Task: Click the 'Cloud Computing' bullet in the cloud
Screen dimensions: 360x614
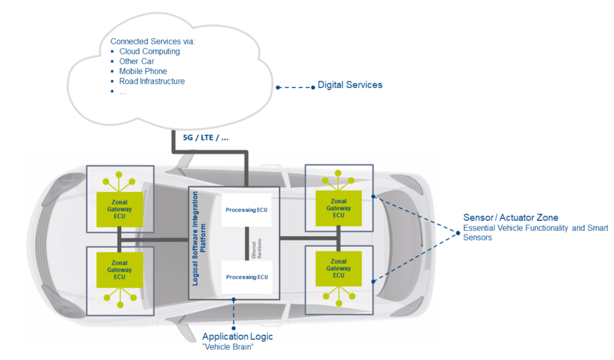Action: click(149, 51)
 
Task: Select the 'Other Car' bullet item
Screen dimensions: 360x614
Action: click(136, 61)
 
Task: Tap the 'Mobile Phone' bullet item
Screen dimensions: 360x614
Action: click(143, 71)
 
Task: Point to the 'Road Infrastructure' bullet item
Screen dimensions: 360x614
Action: click(152, 81)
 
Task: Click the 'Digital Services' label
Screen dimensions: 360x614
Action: click(350, 85)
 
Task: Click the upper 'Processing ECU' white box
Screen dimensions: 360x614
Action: click(246, 210)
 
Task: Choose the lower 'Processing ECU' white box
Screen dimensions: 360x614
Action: click(246, 277)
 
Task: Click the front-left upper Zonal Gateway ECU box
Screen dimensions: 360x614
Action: click(119, 209)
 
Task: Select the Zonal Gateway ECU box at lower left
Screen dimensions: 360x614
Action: click(119, 270)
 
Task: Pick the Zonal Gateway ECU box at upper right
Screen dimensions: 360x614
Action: click(339, 208)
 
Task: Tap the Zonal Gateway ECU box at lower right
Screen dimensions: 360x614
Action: click(339, 268)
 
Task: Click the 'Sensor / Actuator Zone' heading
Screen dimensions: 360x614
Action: click(511, 218)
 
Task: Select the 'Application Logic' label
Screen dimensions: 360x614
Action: click(238, 337)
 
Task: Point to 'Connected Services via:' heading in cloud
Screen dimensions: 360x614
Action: click(153, 42)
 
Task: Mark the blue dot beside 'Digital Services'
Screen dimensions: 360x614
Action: click(313, 87)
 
